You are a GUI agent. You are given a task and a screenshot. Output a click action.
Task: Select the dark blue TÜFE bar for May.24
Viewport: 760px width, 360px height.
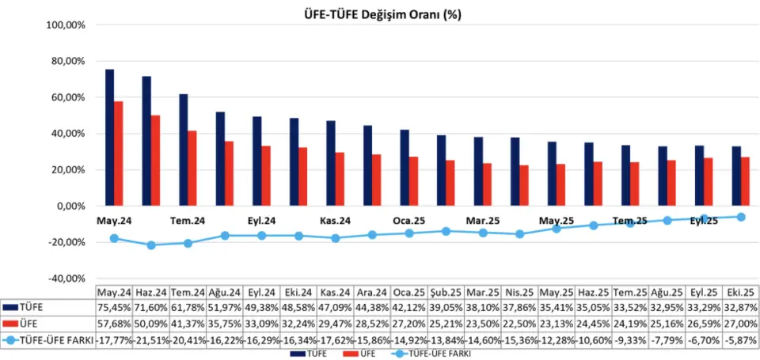(x=109, y=138)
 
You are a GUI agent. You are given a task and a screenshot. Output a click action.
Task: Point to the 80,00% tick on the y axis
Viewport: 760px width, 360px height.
(x=67, y=61)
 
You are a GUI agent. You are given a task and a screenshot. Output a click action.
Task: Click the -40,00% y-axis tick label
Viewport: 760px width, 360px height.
(x=66, y=279)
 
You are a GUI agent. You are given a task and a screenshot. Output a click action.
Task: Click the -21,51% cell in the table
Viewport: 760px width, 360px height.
(x=150, y=341)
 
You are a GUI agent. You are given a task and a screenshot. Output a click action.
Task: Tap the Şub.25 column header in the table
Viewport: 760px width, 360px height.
(x=446, y=291)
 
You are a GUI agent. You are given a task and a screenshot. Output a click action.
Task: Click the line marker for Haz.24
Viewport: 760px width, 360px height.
(x=150, y=245)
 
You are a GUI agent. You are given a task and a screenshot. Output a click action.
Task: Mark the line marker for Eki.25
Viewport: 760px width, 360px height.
(x=741, y=217)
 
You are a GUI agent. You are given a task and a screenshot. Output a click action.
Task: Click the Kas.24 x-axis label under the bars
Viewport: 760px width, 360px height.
(x=336, y=221)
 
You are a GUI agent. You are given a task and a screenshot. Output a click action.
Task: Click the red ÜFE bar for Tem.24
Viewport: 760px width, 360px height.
(x=192, y=169)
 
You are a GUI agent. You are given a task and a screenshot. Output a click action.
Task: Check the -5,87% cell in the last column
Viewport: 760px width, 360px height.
(x=741, y=341)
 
